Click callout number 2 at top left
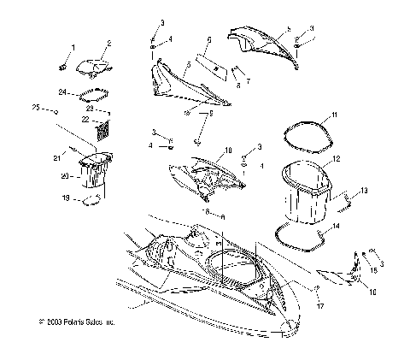point(108,43)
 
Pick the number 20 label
point(63,177)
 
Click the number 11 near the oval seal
point(335,114)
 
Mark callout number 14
point(334,227)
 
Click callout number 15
point(372,269)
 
